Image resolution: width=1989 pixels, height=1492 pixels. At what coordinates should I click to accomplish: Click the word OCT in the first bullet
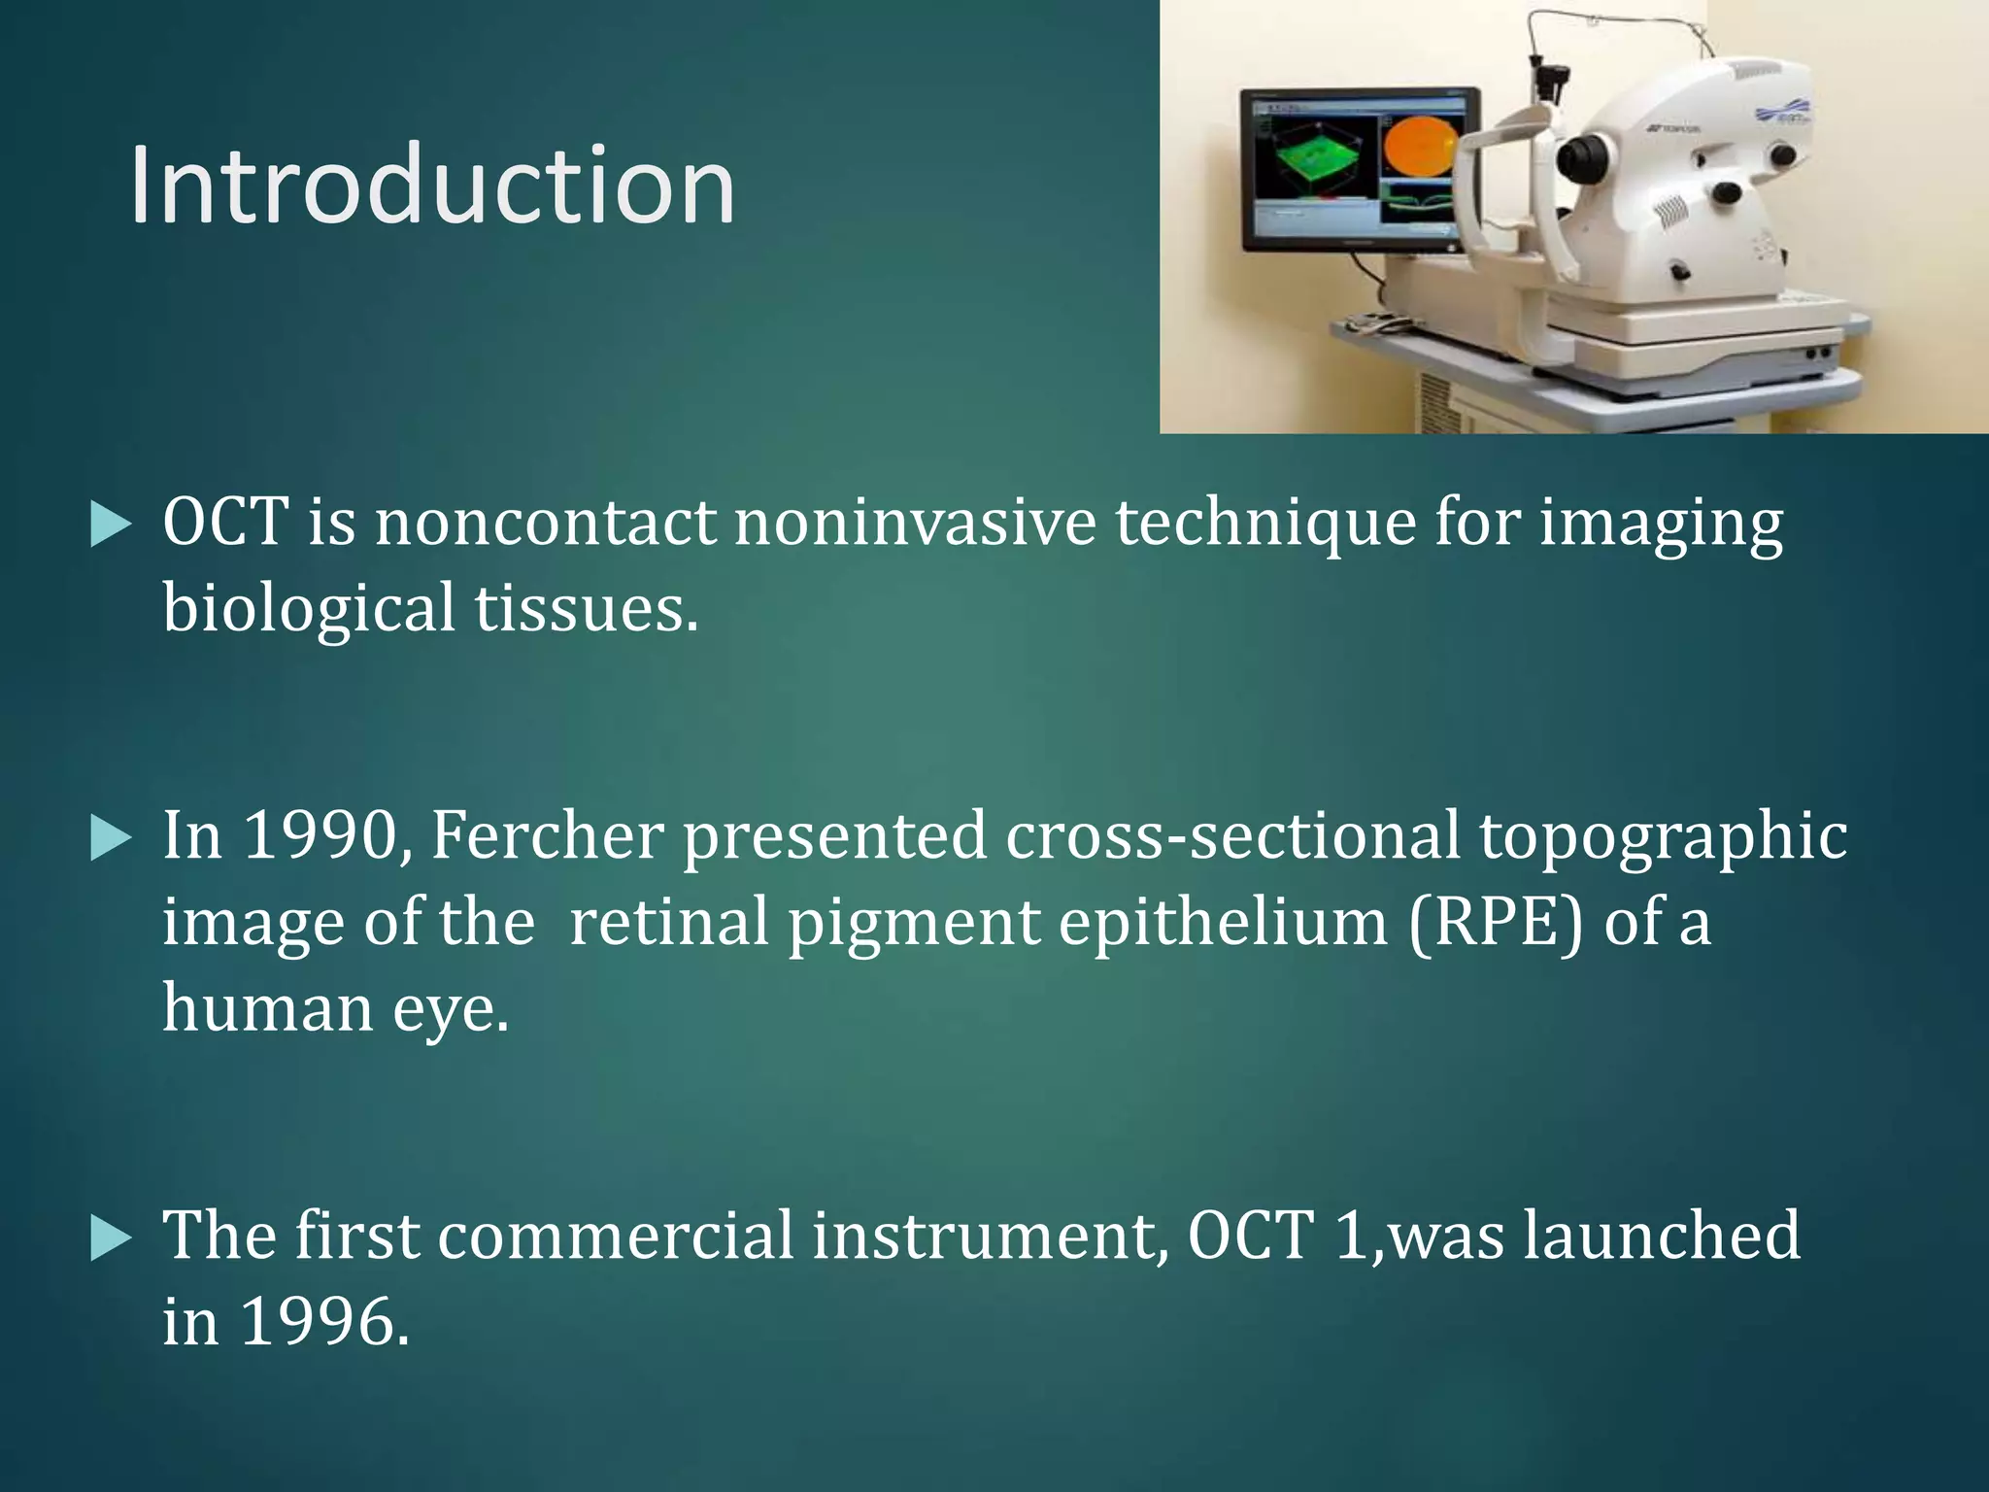[225, 523]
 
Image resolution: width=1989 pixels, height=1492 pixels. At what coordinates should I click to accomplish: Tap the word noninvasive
[914, 523]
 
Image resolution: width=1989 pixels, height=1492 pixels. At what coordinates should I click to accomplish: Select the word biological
[308, 609]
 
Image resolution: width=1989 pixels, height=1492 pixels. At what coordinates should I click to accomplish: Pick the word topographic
[1663, 837]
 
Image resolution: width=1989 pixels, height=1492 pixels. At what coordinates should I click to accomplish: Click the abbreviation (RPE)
[1496, 922]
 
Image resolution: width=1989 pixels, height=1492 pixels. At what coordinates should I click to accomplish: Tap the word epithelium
[1223, 922]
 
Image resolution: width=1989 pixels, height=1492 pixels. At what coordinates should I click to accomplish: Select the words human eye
[335, 1007]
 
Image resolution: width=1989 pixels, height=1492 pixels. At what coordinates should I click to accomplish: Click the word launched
[1662, 1236]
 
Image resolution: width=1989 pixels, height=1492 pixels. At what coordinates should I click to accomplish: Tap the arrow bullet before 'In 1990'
[110, 837]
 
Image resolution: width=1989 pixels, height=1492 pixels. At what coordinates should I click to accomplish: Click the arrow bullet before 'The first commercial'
[110, 1238]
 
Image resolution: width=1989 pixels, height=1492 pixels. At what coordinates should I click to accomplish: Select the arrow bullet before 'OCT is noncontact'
[110, 526]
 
